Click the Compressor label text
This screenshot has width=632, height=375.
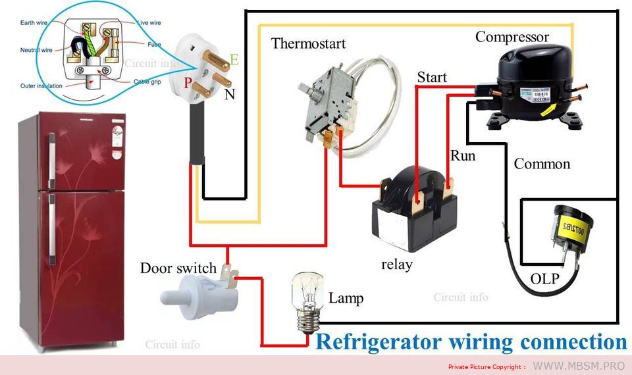click(x=512, y=37)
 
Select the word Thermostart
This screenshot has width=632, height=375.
click(x=308, y=44)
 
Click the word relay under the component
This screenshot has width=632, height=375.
click(x=396, y=264)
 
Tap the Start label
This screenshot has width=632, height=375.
click(x=432, y=78)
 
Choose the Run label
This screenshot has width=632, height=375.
click(x=462, y=156)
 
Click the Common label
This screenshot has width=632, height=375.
click(x=542, y=164)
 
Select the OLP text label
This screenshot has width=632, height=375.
click(x=544, y=279)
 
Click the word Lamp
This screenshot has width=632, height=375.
click(x=346, y=298)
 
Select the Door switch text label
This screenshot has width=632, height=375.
click(x=178, y=268)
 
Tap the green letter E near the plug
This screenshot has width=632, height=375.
click(x=234, y=61)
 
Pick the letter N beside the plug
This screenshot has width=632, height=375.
click(x=229, y=94)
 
